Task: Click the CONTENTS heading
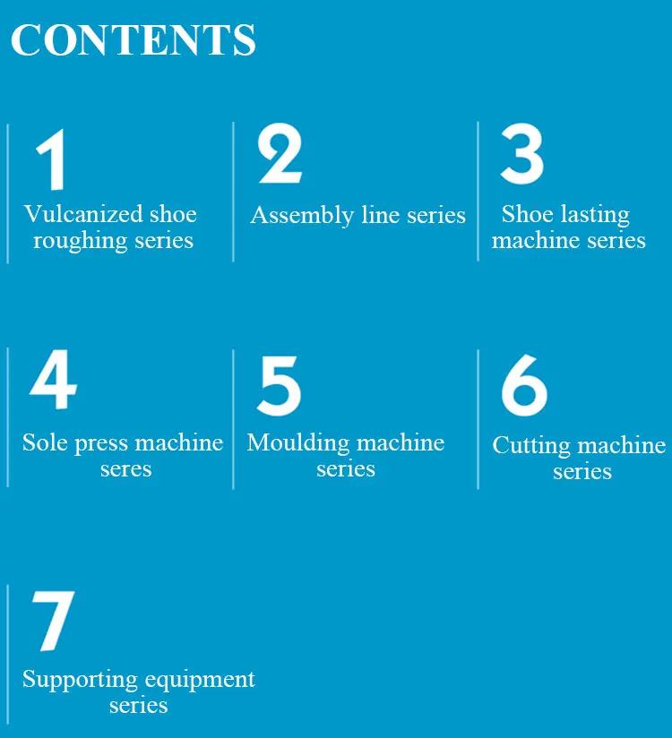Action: pos(133,41)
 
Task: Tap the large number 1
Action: pos(52,159)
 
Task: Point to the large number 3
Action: pos(521,153)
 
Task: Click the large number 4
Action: pos(53,382)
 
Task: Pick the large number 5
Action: pos(279,386)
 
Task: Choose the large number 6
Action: pos(523,386)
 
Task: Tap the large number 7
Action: pos(53,620)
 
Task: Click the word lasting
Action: pos(595,215)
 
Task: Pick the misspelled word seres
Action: pos(125,468)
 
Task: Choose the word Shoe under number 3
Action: pos(527,215)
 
